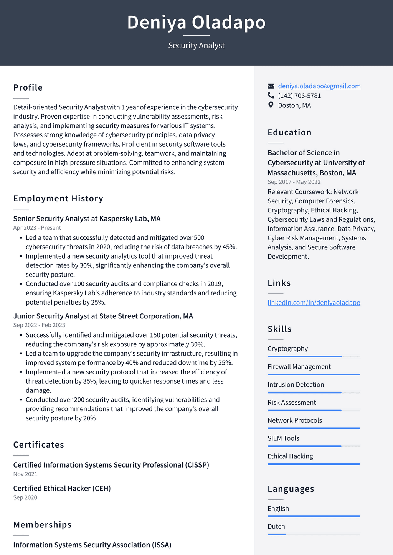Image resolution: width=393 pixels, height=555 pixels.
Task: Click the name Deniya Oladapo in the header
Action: point(196,22)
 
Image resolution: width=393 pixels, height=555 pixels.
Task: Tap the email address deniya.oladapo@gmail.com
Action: point(319,86)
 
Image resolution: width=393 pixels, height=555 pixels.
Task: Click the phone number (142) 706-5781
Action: point(299,96)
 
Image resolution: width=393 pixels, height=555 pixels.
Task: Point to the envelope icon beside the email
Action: point(271,86)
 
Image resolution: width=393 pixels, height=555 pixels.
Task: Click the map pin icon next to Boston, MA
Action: point(271,105)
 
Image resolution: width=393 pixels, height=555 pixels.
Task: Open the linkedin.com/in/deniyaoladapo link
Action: point(314,303)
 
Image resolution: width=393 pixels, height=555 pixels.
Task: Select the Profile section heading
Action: point(28,87)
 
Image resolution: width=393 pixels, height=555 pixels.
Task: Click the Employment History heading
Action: point(58,198)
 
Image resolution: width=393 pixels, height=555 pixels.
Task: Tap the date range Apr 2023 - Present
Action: point(37,228)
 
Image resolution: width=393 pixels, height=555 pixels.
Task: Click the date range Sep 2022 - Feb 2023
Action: point(39,325)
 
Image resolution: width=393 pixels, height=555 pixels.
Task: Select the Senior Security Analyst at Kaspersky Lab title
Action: point(87,219)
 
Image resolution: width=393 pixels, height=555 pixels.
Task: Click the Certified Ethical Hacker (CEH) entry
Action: point(62,488)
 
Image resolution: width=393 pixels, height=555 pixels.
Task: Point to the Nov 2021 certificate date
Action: point(25,474)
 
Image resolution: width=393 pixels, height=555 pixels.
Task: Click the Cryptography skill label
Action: point(287,349)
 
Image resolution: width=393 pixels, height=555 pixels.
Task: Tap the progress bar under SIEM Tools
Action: point(314,446)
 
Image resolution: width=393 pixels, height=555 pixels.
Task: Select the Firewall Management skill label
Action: point(299,367)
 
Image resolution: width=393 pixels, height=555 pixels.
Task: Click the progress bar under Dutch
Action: point(314,534)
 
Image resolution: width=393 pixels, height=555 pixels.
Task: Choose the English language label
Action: point(278,509)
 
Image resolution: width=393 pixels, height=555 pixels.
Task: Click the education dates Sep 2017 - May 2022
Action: point(294,182)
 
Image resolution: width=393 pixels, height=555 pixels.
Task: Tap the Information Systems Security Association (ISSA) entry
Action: point(92,545)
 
